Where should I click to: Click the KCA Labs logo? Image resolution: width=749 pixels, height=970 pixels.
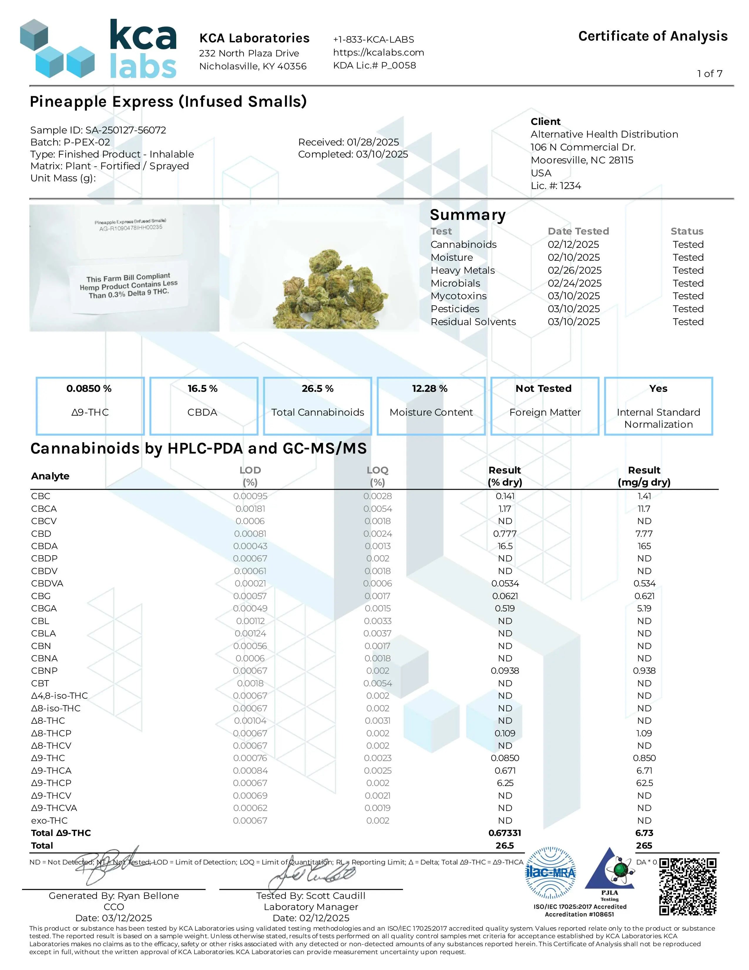tap(98, 49)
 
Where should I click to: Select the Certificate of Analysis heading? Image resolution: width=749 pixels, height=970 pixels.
tap(652, 36)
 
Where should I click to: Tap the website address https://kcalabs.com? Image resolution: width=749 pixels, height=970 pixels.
tap(378, 52)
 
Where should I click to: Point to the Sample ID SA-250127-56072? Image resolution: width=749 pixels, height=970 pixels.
tap(98, 130)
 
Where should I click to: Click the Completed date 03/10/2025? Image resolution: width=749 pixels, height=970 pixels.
tap(353, 154)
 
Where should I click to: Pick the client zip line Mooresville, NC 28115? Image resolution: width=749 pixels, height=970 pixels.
tap(582, 160)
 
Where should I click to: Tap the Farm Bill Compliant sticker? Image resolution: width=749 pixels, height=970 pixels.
tap(129, 286)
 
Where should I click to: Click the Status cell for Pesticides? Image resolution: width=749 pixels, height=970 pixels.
tap(688, 309)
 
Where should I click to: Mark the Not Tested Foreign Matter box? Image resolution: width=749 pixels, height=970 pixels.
tap(545, 406)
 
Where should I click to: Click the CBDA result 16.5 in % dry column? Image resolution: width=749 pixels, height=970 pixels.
tap(505, 546)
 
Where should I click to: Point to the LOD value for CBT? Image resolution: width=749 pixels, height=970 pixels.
tap(250, 683)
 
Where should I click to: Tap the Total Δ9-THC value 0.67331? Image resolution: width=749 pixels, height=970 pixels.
tap(505, 833)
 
